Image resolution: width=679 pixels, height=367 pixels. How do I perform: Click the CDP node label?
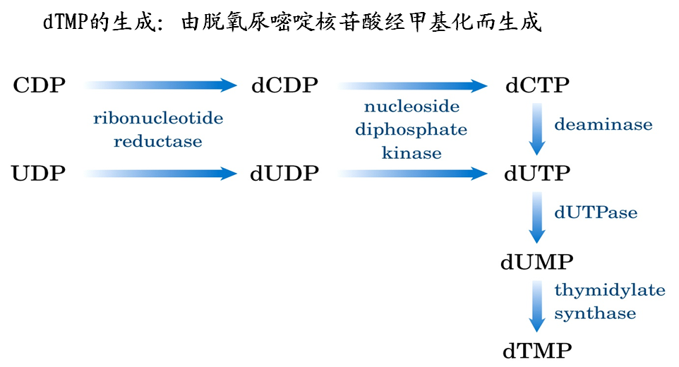(40, 86)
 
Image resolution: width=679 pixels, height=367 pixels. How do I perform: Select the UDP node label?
(40, 174)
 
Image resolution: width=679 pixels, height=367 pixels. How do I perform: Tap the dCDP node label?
(284, 86)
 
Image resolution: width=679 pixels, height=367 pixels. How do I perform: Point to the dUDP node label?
(284, 174)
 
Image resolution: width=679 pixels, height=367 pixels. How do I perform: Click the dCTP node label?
(538, 86)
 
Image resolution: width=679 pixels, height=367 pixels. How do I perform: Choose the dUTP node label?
(538, 174)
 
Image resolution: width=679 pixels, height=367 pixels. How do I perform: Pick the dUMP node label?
(537, 263)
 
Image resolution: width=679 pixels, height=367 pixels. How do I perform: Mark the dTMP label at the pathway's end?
(537, 350)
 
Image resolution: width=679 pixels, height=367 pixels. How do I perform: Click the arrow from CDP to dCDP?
(162, 86)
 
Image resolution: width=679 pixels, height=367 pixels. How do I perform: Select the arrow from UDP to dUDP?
(162, 174)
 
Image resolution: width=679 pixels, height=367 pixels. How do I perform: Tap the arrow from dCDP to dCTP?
(413, 86)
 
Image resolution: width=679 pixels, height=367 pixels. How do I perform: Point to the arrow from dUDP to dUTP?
(413, 174)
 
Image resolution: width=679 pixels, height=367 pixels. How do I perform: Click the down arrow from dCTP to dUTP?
(538, 129)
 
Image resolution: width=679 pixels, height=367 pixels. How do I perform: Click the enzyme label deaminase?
(603, 125)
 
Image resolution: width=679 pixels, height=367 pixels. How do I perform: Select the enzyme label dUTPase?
(596, 212)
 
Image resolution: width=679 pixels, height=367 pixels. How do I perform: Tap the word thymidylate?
(609, 290)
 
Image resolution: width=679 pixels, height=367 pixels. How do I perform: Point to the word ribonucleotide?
(158, 118)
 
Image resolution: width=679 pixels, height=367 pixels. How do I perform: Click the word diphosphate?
(411, 130)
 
